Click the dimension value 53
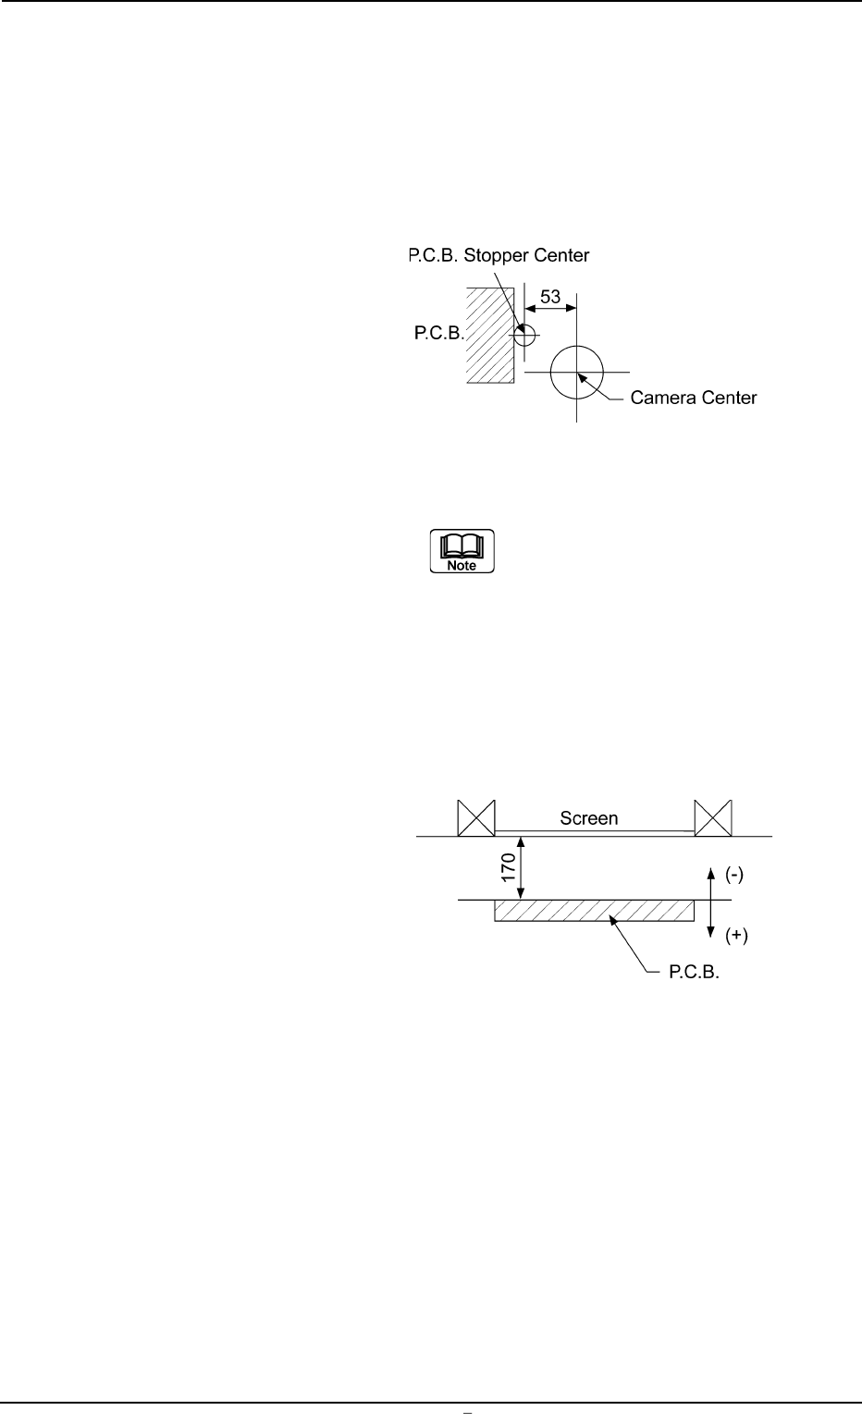pyautogui.click(x=550, y=297)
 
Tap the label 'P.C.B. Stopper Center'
pyautogui.click(x=499, y=254)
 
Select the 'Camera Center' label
pyautogui.click(x=694, y=399)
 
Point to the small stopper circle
pyautogui.click(x=523, y=334)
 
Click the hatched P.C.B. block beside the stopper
pyautogui.click(x=490, y=334)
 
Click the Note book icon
pyautogui.click(x=462, y=551)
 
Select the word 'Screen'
pyautogui.click(x=589, y=818)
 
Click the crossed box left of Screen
pyautogui.click(x=477, y=817)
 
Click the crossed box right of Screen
pyautogui.click(x=713, y=817)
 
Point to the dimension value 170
pyautogui.click(x=508, y=868)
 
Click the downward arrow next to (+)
pyautogui.click(x=709, y=921)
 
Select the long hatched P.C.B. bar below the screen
pyautogui.click(x=594, y=911)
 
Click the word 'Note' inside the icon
pyautogui.click(x=462, y=565)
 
